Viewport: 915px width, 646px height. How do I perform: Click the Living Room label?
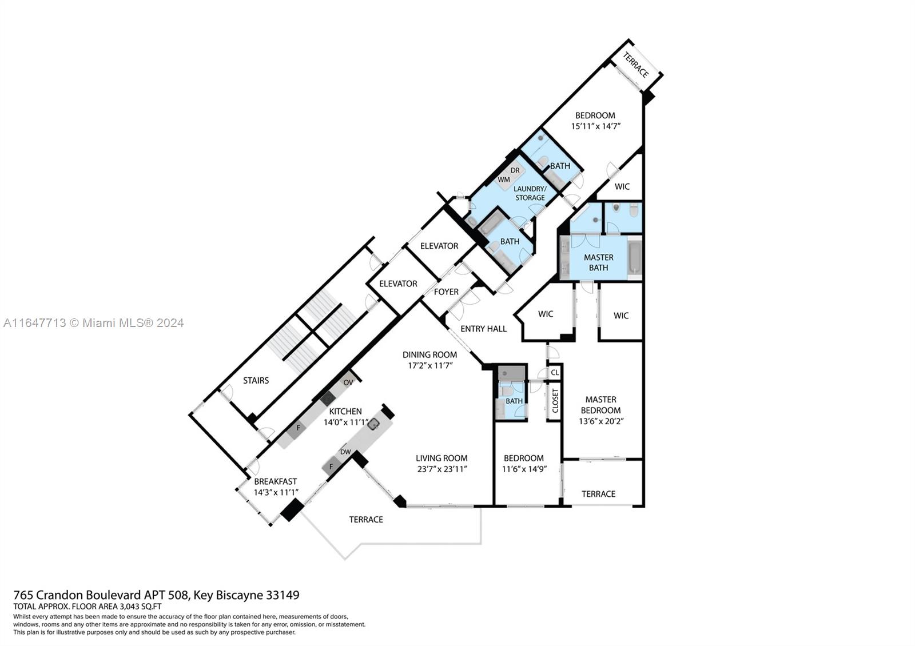pos(441,458)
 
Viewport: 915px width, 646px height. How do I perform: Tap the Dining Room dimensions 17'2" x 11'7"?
pos(431,365)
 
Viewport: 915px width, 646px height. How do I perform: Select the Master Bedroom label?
pos(600,405)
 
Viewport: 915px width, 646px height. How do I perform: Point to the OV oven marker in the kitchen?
pos(348,382)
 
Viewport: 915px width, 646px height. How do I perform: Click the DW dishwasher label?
pos(345,452)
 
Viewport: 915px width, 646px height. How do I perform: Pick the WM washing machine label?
pos(504,180)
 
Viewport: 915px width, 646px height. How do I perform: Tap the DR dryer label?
pos(515,170)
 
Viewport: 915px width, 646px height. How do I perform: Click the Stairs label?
pos(256,381)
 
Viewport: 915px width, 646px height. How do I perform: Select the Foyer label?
pos(446,292)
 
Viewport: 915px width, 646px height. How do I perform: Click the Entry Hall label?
pos(484,329)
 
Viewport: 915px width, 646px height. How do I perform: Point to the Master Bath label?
pos(598,262)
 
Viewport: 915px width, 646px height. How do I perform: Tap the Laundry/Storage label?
pos(530,193)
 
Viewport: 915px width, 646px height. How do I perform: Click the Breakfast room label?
pos(275,481)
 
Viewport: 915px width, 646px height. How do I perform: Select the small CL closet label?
pos(555,372)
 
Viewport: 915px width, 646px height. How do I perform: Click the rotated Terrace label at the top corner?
pos(635,65)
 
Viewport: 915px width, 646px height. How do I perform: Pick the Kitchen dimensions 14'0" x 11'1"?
pos(346,422)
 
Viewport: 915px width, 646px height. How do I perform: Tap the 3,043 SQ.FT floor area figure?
pos(140,607)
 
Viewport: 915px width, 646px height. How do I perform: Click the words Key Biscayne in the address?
pos(228,595)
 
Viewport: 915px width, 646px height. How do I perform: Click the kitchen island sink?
pos(372,425)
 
